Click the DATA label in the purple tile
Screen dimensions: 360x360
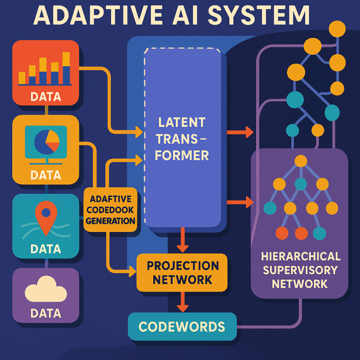(45, 313)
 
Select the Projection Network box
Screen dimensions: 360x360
(182, 272)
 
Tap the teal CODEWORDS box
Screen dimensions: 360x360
(182, 327)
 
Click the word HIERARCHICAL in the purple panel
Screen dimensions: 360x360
(300, 256)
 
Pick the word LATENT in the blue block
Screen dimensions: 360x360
(182, 123)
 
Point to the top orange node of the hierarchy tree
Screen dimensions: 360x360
(300, 161)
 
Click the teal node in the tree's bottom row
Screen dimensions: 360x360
(319, 232)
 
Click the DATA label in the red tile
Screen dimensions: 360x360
(45, 97)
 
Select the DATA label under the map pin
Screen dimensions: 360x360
(45, 249)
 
